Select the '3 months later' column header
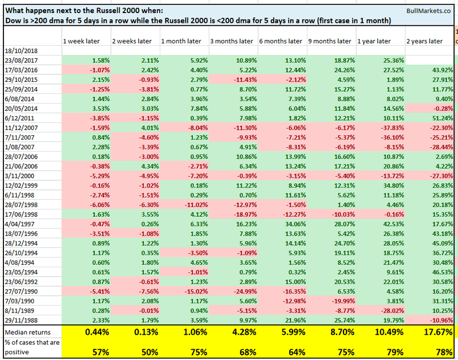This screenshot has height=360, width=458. (229, 41)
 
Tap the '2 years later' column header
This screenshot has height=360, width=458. (424, 41)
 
